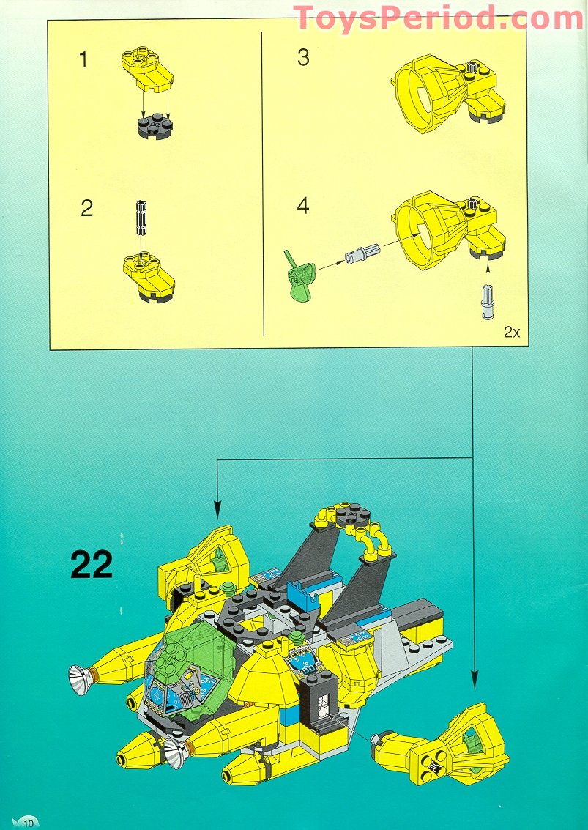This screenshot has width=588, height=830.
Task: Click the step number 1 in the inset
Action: [x=83, y=59]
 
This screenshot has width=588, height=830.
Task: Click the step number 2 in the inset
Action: [x=87, y=209]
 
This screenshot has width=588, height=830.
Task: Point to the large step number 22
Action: [x=92, y=565]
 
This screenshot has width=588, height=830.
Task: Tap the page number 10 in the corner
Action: [x=29, y=823]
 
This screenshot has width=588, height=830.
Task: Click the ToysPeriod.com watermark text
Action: [x=439, y=18]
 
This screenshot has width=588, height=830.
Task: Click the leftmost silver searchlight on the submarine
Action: [x=81, y=678]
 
